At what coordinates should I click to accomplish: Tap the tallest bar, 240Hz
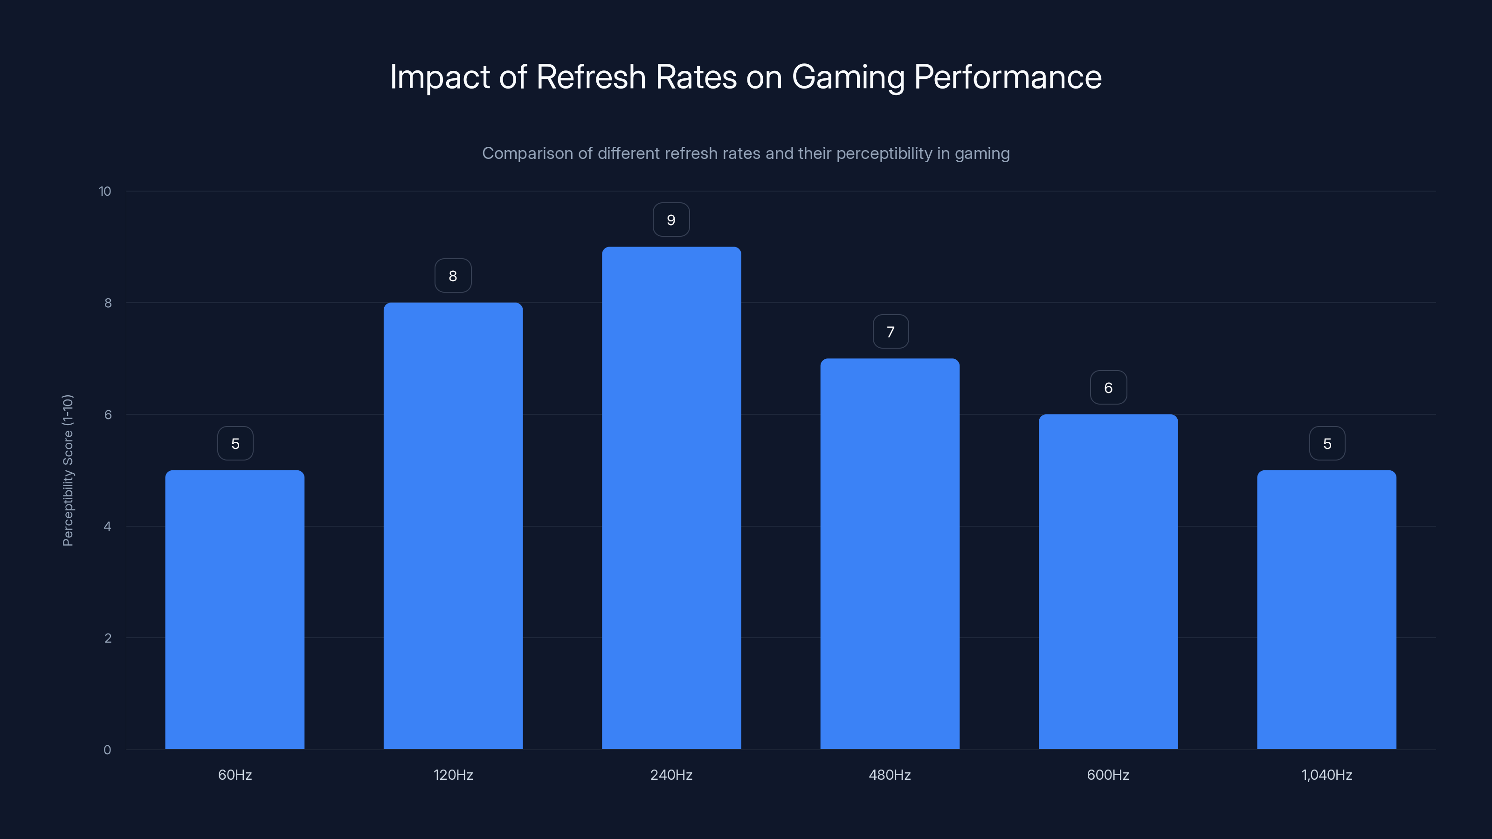671,498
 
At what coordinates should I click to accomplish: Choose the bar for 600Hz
1108,581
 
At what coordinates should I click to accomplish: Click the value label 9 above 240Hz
671,220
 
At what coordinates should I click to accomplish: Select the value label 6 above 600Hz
1108,388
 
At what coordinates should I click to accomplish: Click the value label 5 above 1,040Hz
1327,444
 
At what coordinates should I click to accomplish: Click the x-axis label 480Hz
890,775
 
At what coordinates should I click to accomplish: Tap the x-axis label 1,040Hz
1326,775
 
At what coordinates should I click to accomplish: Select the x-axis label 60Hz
235,775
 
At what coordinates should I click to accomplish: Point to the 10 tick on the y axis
105,191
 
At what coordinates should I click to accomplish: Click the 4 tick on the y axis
107,526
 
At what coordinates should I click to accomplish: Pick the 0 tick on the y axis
107,750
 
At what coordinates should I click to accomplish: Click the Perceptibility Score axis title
68,470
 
